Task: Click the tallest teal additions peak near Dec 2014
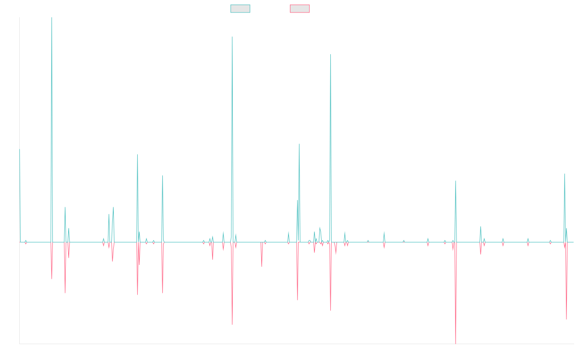click(x=52, y=18)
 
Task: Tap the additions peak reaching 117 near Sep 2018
click(x=232, y=37)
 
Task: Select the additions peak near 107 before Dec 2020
click(x=331, y=54)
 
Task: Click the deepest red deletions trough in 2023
click(x=456, y=343)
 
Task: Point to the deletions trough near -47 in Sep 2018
click(x=232, y=324)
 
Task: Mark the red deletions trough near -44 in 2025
click(x=566, y=319)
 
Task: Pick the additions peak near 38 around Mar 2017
click(x=163, y=176)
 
